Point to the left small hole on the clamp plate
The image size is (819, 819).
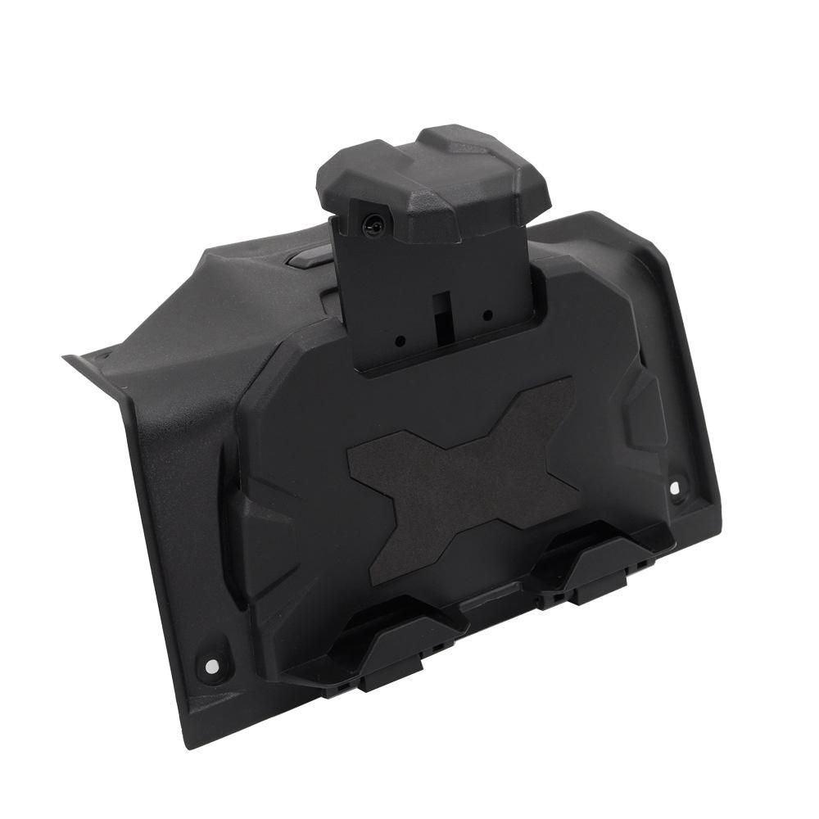(400, 339)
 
